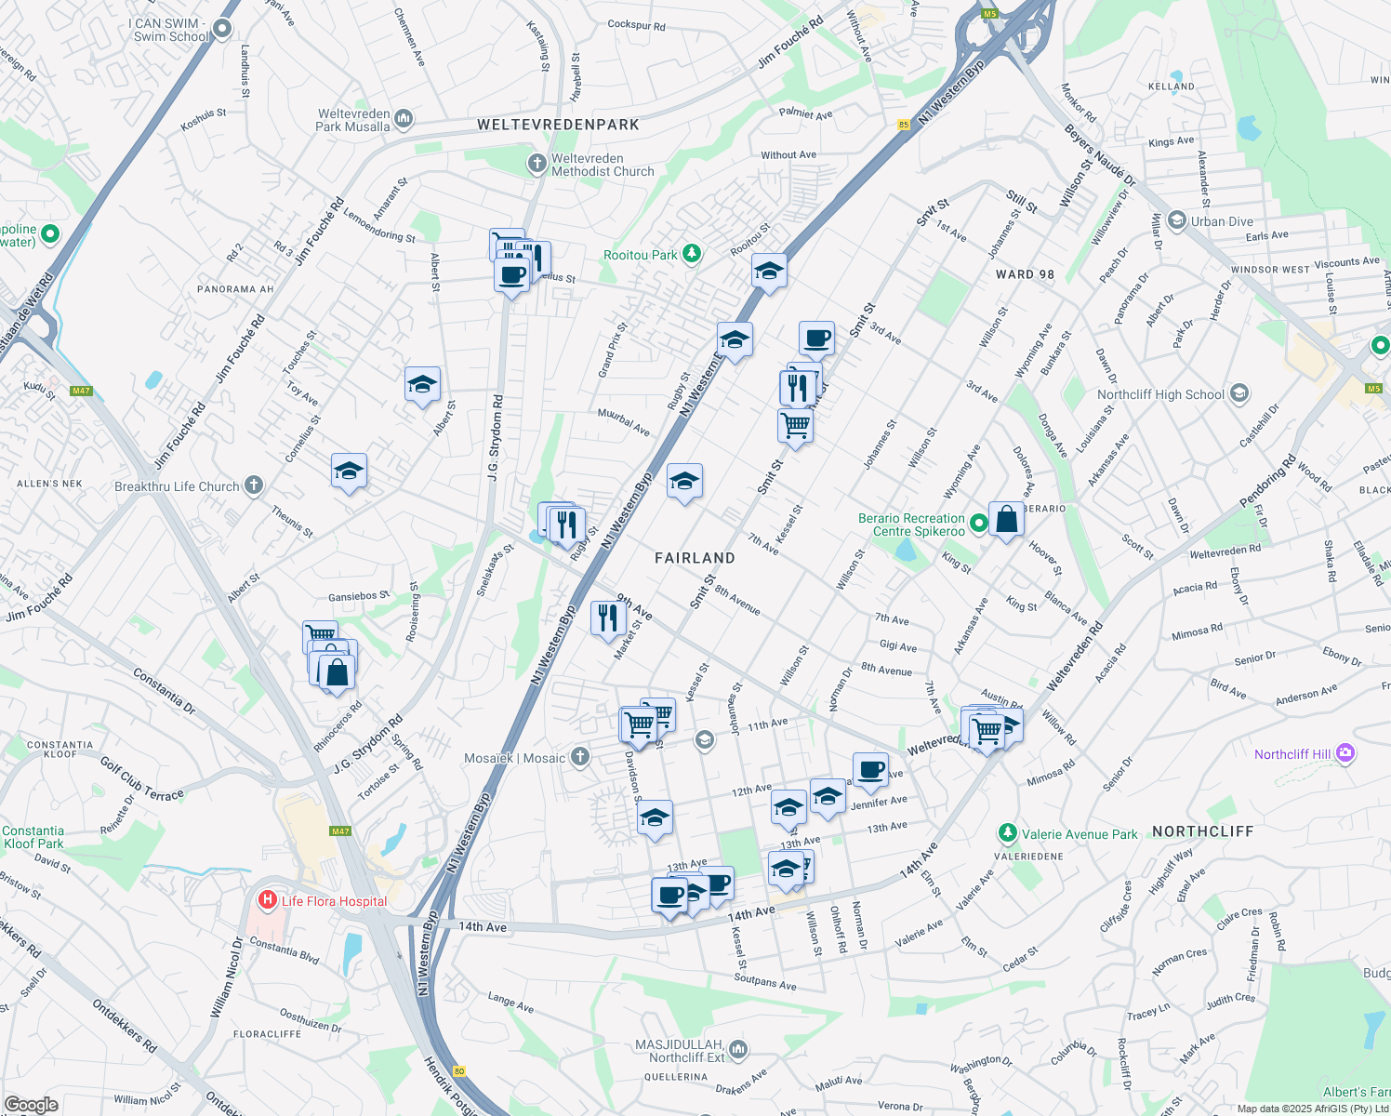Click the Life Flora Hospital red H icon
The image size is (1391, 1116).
(268, 900)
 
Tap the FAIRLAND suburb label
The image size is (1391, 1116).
(695, 558)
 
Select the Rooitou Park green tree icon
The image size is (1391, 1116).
(691, 253)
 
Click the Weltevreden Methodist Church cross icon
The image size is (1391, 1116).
(537, 165)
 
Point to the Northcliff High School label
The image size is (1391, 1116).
(1160, 394)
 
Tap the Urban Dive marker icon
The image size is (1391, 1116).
(1176, 220)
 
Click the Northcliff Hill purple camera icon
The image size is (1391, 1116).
(1345, 753)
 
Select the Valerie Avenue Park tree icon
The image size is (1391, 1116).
(1007, 833)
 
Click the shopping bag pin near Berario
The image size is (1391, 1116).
(1006, 519)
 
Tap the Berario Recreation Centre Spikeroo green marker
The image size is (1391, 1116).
(978, 525)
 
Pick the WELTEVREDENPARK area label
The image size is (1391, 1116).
(558, 125)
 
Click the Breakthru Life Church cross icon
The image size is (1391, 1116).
(254, 485)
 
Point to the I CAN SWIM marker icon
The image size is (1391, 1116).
(222, 29)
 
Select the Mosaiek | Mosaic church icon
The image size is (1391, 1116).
(580, 757)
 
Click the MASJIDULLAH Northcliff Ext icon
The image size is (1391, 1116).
(738, 1050)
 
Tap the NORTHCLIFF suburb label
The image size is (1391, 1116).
(1202, 831)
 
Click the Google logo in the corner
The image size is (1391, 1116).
(31, 1104)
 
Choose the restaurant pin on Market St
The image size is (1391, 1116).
(607, 618)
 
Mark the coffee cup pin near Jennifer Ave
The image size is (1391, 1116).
(870, 769)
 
